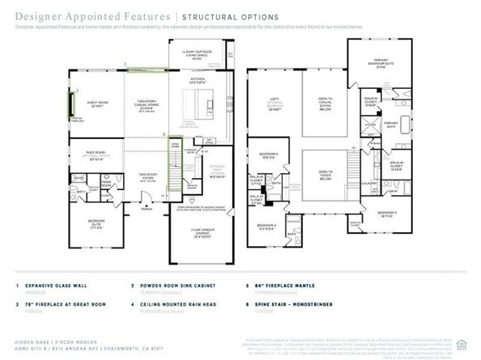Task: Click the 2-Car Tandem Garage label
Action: pyautogui.click(x=199, y=235)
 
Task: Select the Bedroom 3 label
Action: pyautogui.click(x=379, y=214)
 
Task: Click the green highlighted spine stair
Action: pyautogui.click(x=174, y=162)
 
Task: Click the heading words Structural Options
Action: pyautogui.click(x=230, y=17)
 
